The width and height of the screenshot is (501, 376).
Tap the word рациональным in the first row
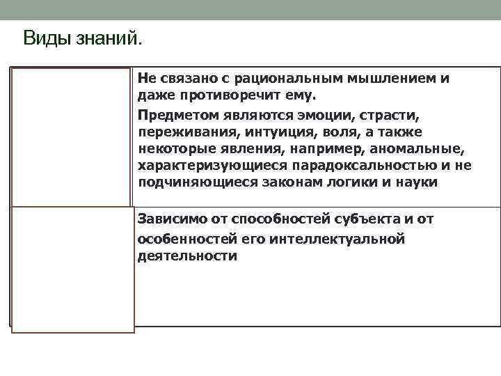pyautogui.click(x=279, y=79)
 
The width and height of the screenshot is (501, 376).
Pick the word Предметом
pyautogui.click(x=172, y=114)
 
